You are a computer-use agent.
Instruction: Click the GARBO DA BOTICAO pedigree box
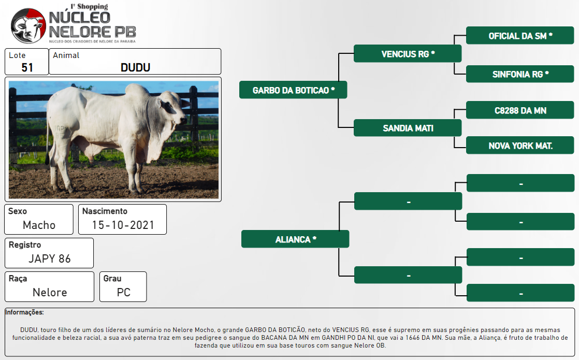pos(293,90)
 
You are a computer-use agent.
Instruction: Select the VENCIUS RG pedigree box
pos(408,53)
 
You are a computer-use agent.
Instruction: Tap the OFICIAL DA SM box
pos(520,35)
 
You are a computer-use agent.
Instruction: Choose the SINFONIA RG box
pos(520,74)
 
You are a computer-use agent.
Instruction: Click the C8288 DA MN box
pos(520,110)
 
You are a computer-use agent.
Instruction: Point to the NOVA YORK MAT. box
pos(520,145)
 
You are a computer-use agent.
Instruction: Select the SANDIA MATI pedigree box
pos(408,128)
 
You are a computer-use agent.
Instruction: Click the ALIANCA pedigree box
pos(295,239)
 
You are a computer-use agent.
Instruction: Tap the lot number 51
pos(27,67)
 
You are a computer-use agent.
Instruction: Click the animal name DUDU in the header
pos(136,67)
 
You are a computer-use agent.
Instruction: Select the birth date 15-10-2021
pos(123,225)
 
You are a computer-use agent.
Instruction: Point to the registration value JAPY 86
pos(50,258)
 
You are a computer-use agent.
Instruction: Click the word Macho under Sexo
pos(39,225)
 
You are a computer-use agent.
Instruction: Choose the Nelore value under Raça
pos(50,292)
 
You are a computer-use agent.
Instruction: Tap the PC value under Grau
pos(124,292)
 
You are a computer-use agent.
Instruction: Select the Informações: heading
pos(24,312)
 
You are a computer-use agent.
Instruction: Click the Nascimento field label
pos(105,211)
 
